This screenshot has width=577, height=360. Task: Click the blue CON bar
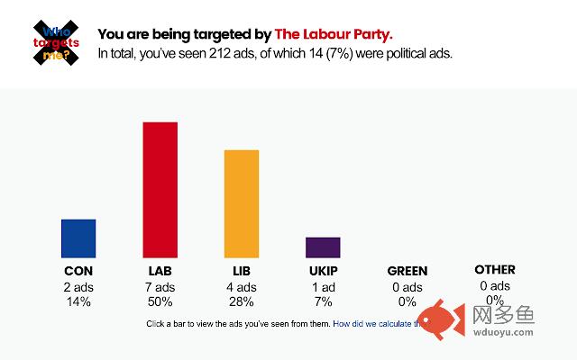click(78, 238)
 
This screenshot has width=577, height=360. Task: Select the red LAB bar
click(160, 190)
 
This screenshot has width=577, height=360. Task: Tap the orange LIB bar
click(242, 204)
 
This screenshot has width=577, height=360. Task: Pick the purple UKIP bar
click(323, 247)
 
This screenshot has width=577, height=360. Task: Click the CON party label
click(78, 271)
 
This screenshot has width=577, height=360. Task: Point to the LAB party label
click(160, 271)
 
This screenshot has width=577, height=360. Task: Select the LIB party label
click(242, 271)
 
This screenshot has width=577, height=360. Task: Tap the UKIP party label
click(323, 271)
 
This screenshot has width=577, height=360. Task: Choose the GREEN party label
click(408, 271)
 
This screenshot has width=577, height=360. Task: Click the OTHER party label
click(494, 270)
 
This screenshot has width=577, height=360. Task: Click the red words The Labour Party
click(334, 35)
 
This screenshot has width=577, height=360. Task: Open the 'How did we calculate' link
click(373, 323)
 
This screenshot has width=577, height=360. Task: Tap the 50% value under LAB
click(160, 301)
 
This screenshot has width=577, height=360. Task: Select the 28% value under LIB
click(242, 301)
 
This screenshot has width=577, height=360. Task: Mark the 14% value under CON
click(78, 301)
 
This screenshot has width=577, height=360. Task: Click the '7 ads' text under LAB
click(160, 287)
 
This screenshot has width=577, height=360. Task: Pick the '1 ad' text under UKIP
click(323, 287)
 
